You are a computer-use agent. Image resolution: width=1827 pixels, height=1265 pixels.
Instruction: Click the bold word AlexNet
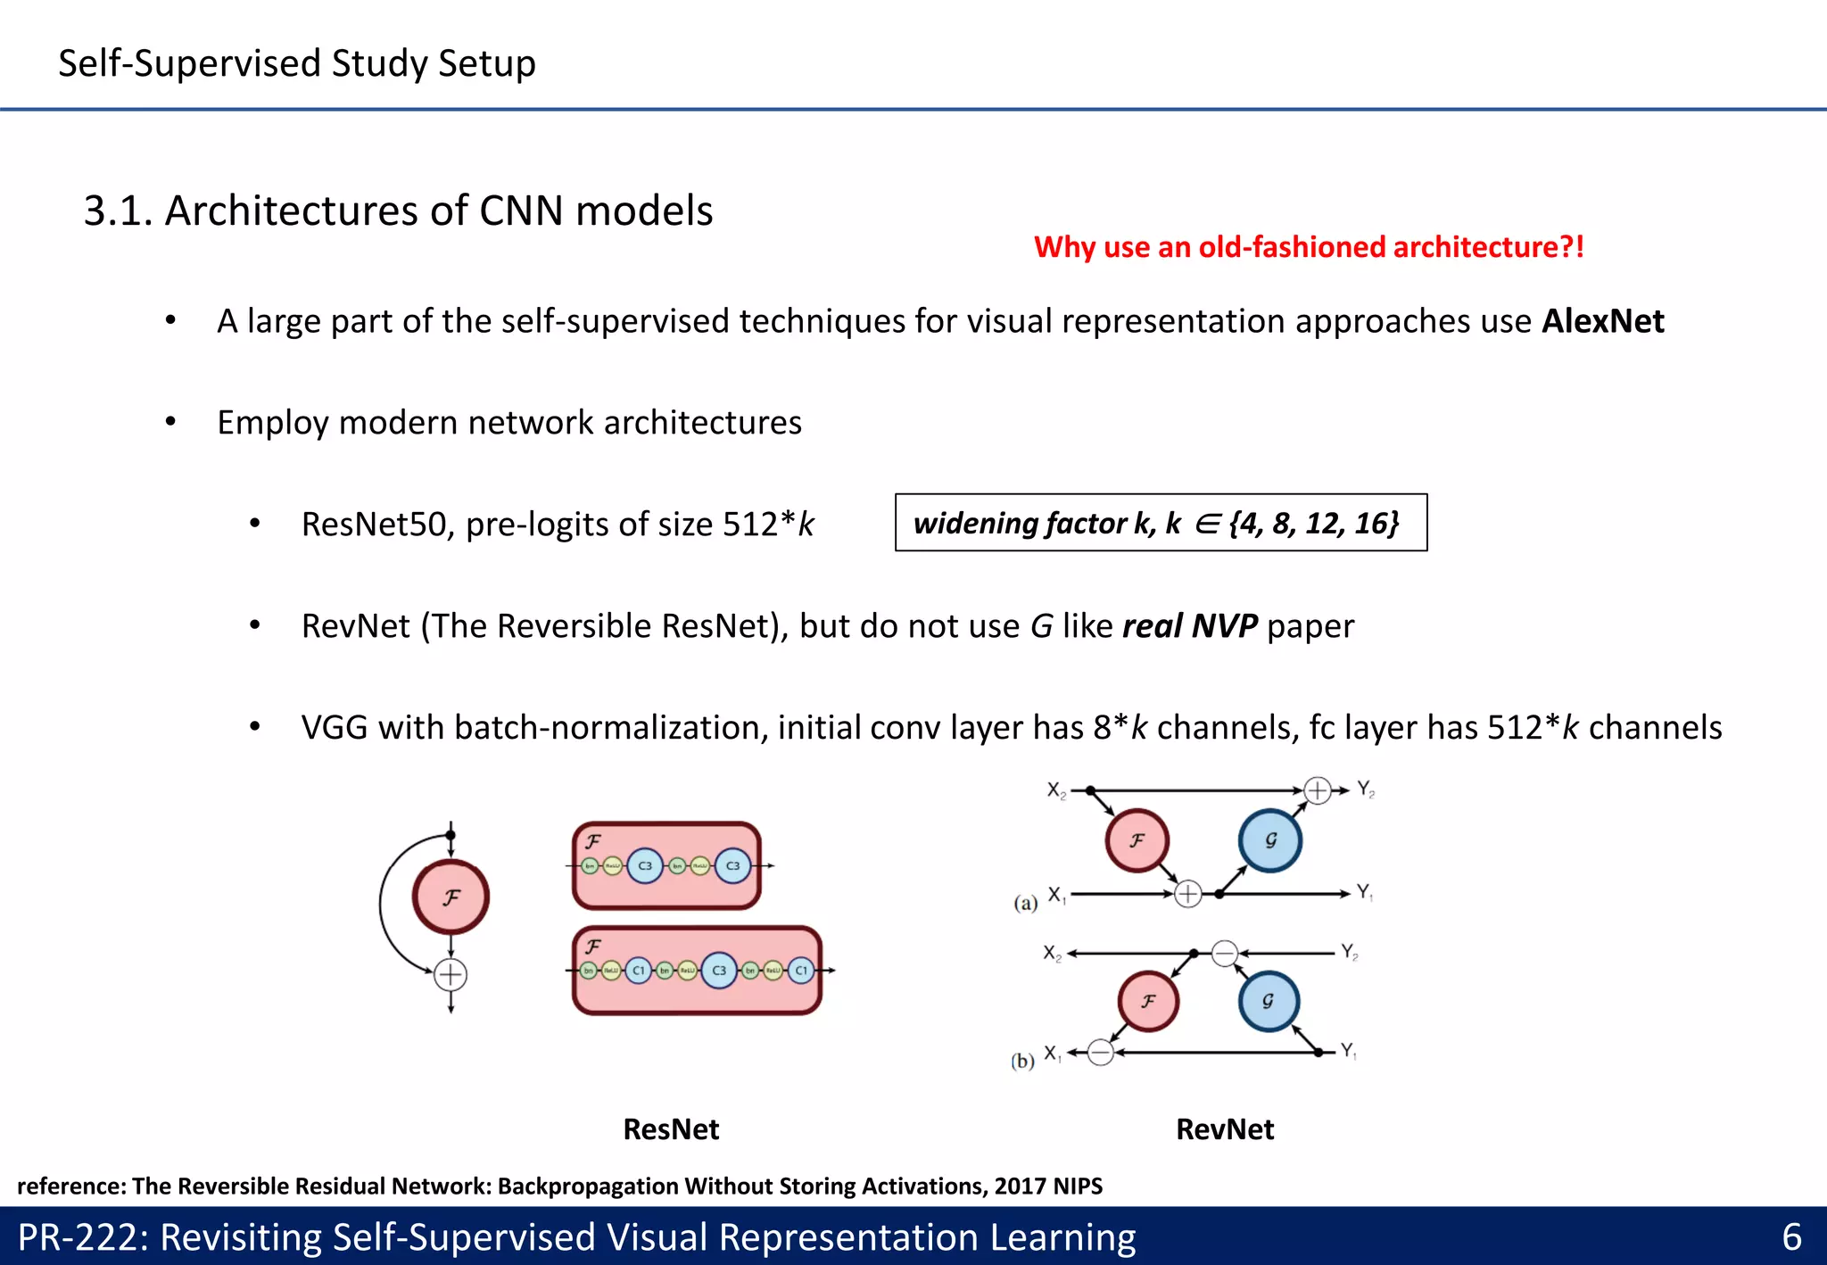pyautogui.click(x=1602, y=321)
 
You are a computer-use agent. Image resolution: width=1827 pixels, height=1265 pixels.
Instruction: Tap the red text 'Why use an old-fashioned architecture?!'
pyautogui.click(x=1309, y=247)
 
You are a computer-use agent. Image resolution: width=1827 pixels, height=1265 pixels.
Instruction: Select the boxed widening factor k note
pyautogui.click(x=1161, y=523)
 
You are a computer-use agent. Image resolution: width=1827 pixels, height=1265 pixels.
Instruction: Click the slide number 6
pyautogui.click(x=1791, y=1237)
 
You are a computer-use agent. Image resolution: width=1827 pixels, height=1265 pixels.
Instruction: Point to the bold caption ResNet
pyautogui.click(x=671, y=1129)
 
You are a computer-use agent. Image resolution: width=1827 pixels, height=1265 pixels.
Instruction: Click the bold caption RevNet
pyautogui.click(x=1225, y=1129)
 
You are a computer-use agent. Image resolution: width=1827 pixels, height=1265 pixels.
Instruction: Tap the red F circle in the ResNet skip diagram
pyautogui.click(x=451, y=897)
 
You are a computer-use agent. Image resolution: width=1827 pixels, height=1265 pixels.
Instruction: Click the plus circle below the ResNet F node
pyautogui.click(x=451, y=975)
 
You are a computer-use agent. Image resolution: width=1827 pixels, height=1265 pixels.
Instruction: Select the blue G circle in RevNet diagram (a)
pyautogui.click(x=1270, y=840)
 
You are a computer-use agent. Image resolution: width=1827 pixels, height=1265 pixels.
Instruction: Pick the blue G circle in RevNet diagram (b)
pyautogui.click(x=1269, y=1001)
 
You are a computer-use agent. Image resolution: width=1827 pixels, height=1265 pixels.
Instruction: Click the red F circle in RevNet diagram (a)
pyautogui.click(x=1137, y=840)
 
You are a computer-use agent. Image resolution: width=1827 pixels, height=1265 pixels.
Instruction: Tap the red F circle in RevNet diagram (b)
pyautogui.click(x=1148, y=1001)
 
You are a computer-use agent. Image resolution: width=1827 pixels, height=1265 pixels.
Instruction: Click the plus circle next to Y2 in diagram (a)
pyautogui.click(x=1318, y=790)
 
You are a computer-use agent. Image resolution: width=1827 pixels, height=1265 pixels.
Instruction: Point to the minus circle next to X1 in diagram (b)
pyautogui.click(x=1101, y=1053)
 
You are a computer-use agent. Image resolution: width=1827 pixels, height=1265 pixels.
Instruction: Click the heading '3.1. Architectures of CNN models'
pyautogui.click(x=398, y=211)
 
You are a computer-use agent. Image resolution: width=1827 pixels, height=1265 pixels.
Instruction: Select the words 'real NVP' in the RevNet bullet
pyautogui.click(x=1190, y=626)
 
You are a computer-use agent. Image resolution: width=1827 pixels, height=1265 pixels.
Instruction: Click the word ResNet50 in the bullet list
pyautogui.click(x=374, y=525)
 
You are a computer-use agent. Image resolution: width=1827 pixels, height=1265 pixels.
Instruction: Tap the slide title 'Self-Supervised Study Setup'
pyautogui.click(x=297, y=63)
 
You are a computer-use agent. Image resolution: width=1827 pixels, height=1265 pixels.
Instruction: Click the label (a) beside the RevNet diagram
pyautogui.click(x=1026, y=903)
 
